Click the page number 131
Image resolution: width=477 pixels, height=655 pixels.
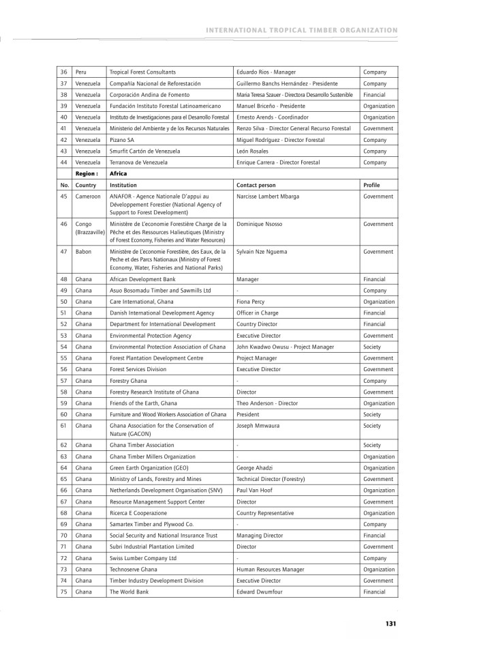pyautogui.click(x=390, y=623)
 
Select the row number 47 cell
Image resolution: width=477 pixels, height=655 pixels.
pyautogui.click(x=64, y=252)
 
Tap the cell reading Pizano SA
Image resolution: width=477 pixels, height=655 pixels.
pyautogui.click(x=123, y=140)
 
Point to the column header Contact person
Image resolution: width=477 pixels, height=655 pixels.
pyautogui.click(x=256, y=185)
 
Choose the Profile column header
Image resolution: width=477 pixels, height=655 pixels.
pyautogui.click(x=372, y=185)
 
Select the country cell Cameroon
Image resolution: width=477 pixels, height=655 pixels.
pyautogui.click(x=89, y=196)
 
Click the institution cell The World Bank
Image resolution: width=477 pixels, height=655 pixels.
pyautogui.click(x=128, y=592)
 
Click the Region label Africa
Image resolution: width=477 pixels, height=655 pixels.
pyautogui.click(x=119, y=173)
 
